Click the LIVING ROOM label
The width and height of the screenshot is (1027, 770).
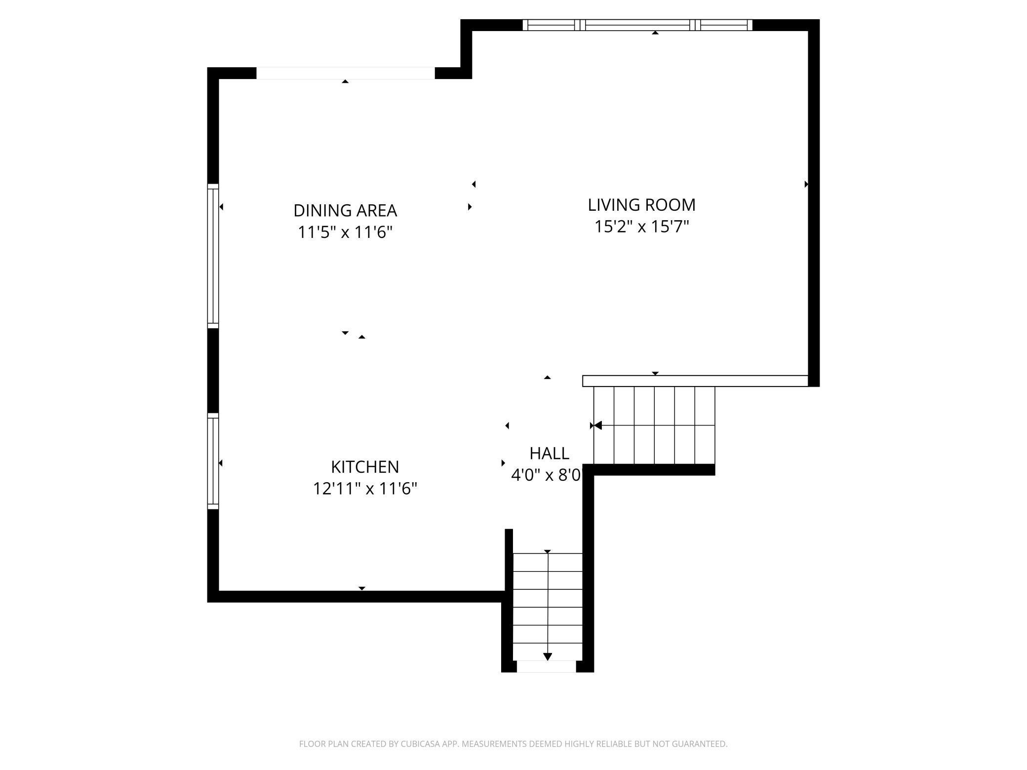[x=641, y=205]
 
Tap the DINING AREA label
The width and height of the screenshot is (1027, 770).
[x=345, y=211]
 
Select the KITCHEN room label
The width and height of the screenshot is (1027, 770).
[x=365, y=467]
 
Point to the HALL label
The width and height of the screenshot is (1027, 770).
[x=549, y=453]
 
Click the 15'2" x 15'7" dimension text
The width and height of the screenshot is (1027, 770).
[x=641, y=227]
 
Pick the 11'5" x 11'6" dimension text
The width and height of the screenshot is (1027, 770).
[x=345, y=232]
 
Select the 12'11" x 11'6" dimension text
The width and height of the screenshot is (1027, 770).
[x=365, y=489]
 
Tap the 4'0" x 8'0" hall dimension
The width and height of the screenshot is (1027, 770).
[x=546, y=475]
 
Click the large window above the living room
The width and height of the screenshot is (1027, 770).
[x=637, y=25]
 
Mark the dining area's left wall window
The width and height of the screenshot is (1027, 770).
[x=213, y=256]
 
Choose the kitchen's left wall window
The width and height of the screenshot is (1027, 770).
[x=213, y=461]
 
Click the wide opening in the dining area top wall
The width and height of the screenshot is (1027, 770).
[x=346, y=73]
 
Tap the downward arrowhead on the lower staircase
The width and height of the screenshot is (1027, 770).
[x=548, y=656]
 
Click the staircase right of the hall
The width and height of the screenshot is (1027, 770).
[x=654, y=425]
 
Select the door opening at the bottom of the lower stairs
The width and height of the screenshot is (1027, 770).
[x=546, y=666]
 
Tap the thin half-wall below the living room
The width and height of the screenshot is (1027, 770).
[x=695, y=381]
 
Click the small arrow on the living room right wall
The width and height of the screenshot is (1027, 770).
[x=806, y=184]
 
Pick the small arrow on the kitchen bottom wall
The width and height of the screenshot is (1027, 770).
[x=362, y=588]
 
